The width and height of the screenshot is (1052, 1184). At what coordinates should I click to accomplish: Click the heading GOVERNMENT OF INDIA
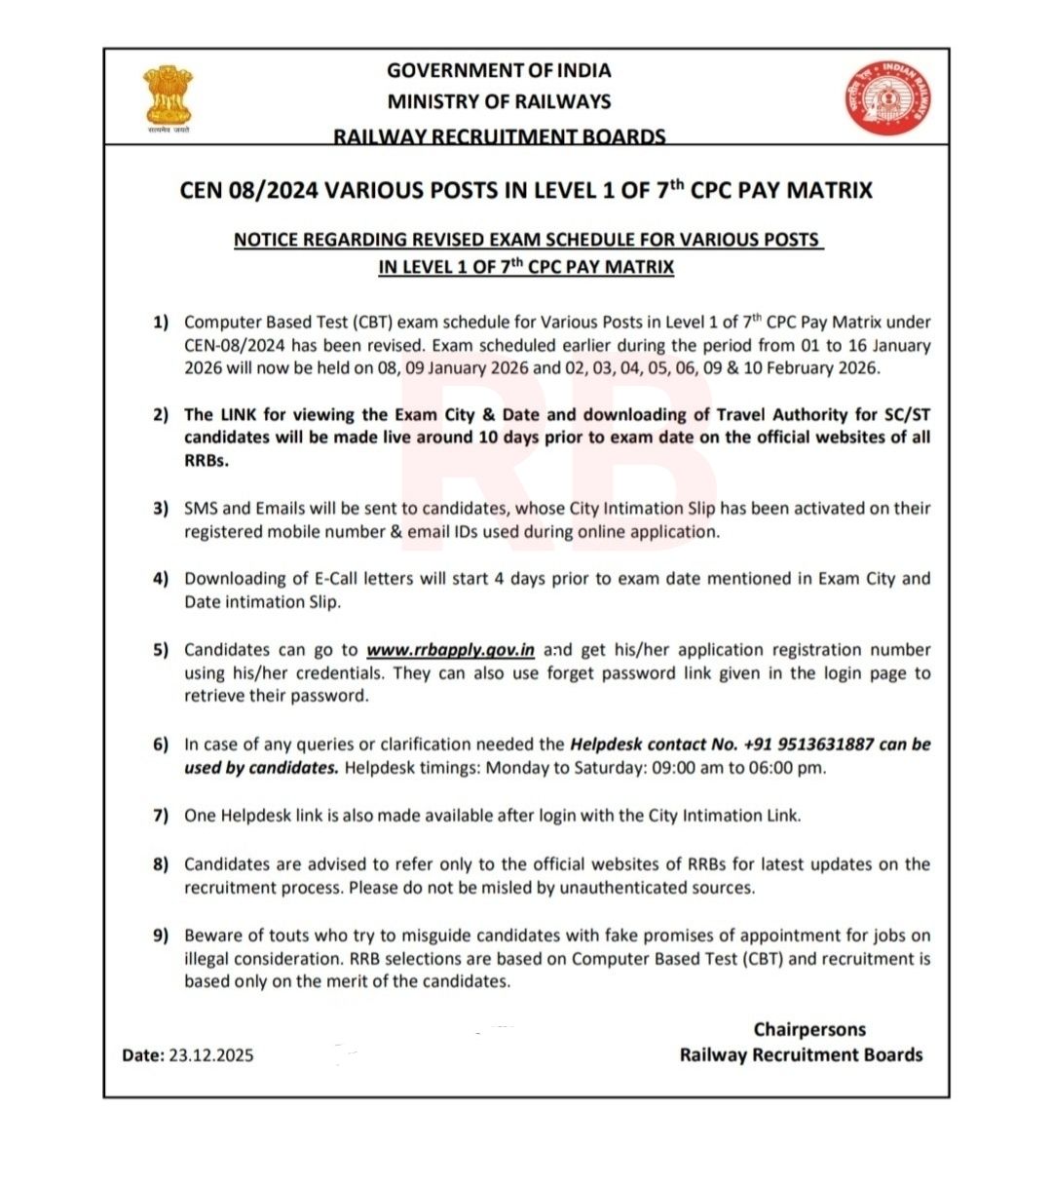click(x=499, y=70)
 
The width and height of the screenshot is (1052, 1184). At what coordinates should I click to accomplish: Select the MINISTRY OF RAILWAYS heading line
click(x=499, y=101)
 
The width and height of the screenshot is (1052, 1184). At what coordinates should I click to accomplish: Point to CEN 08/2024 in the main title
click(x=248, y=190)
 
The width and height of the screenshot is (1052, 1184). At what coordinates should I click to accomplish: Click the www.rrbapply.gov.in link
click(x=450, y=650)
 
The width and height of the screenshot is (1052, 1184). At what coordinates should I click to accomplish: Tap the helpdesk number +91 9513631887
click(x=808, y=745)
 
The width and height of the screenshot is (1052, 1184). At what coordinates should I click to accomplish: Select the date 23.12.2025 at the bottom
click(x=211, y=1055)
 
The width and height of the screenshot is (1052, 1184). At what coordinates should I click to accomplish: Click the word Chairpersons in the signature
click(x=809, y=1030)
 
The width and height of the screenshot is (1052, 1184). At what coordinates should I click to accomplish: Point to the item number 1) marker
click(x=161, y=323)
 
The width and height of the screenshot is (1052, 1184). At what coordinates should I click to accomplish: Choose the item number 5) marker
click(x=161, y=650)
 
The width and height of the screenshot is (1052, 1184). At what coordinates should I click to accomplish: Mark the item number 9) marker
click(x=161, y=936)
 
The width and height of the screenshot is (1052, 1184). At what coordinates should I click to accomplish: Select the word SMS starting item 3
click(x=201, y=509)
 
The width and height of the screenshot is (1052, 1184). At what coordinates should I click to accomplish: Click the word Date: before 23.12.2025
click(x=143, y=1055)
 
